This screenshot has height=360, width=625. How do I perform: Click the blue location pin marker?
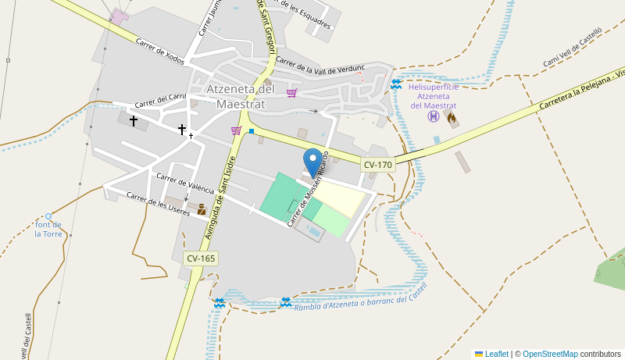click(x=312, y=162)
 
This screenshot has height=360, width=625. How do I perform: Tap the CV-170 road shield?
click(x=377, y=165)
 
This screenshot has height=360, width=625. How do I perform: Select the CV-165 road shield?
click(x=201, y=258)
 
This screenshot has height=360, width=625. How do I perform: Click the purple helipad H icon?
click(x=433, y=116)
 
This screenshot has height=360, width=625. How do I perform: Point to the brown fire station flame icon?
click(x=451, y=118)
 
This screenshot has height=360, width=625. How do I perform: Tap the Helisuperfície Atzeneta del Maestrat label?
click(x=433, y=95)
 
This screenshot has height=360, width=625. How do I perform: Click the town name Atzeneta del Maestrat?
click(x=241, y=96)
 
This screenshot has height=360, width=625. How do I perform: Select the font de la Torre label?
click(x=48, y=229)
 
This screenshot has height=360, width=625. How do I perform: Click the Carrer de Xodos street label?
click(x=159, y=52)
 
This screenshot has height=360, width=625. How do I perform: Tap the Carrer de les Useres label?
click(x=158, y=204)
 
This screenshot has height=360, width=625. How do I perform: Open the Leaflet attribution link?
click(x=496, y=354)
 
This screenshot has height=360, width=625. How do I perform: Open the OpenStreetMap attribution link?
click(x=550, y=354)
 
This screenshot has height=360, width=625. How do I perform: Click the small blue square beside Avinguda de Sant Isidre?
click(x=252, y=131)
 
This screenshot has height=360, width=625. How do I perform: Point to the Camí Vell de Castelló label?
click(x=573, y=48)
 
